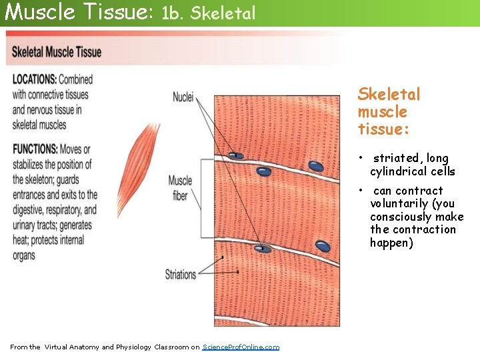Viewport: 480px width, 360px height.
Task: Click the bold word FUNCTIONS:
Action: pos(35,149)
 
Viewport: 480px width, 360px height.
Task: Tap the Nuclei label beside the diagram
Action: pos(183,97)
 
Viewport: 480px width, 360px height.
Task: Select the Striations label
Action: pos(181,274)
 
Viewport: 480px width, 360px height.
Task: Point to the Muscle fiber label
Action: pos(180,189)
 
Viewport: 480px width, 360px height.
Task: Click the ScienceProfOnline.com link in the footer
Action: pos(241,347)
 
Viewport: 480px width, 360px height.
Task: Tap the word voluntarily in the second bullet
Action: pos(397,204)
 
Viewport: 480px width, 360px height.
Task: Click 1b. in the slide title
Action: pos(171,13)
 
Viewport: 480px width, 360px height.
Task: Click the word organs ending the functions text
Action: pos(24,255)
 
